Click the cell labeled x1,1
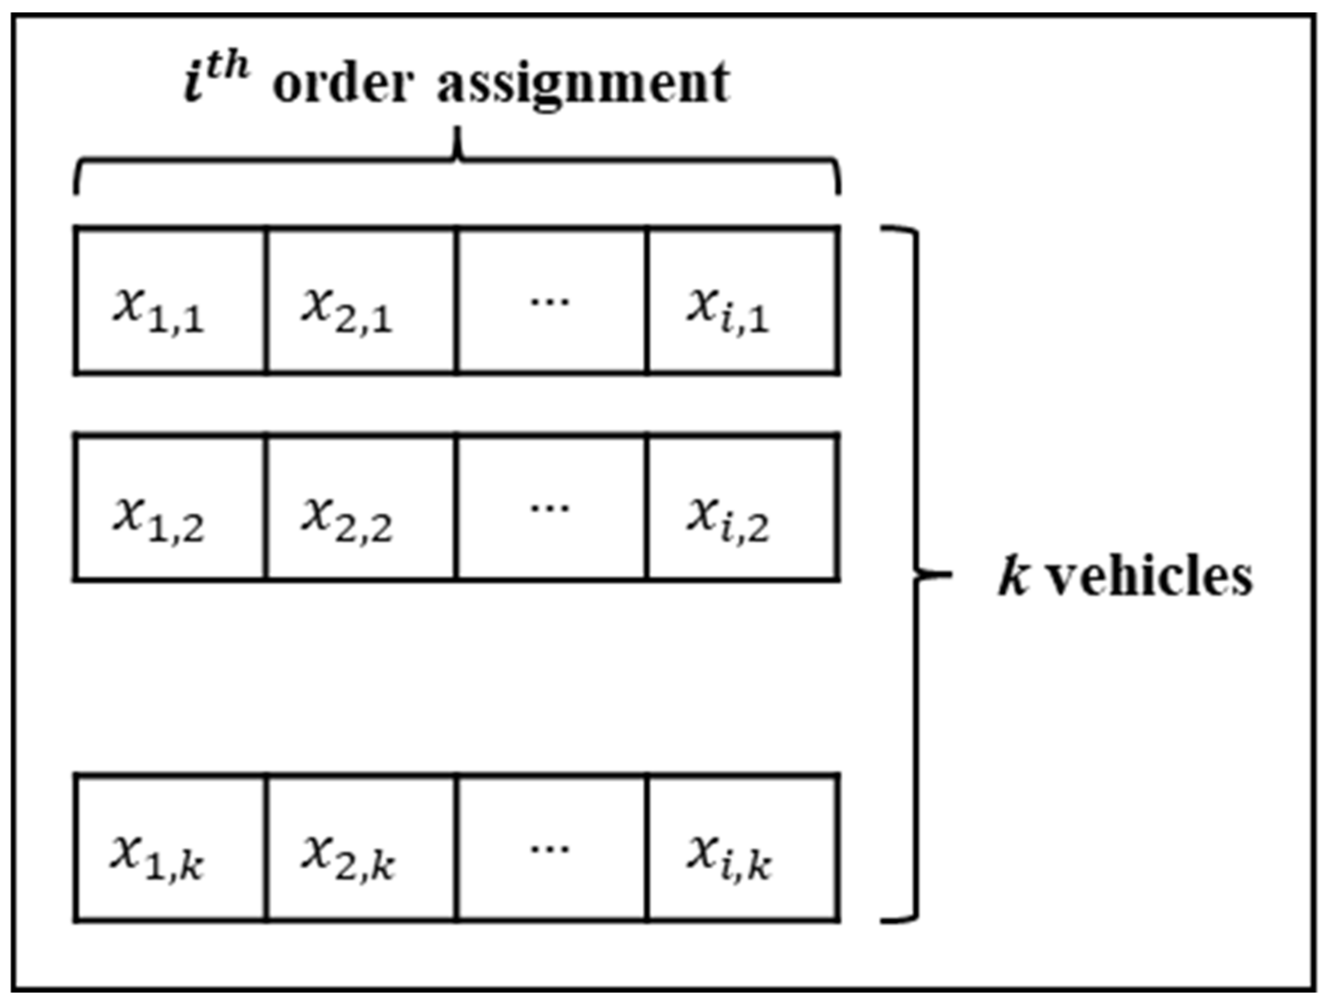click(x=170, y=300)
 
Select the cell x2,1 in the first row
click(x=360, y=300)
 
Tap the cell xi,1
click(x=743, y=300)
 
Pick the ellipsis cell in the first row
click(x=551, y=300)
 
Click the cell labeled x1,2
click(x=170, y=508)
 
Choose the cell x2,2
click(x=360, y=508)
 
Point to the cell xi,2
click(x=743, y=508)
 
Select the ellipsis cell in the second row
click(x=551, y=508)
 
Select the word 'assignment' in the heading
click(x=583, y=84)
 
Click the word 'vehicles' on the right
click(x=1151, y=577)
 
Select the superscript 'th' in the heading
click(x=228, y=65)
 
